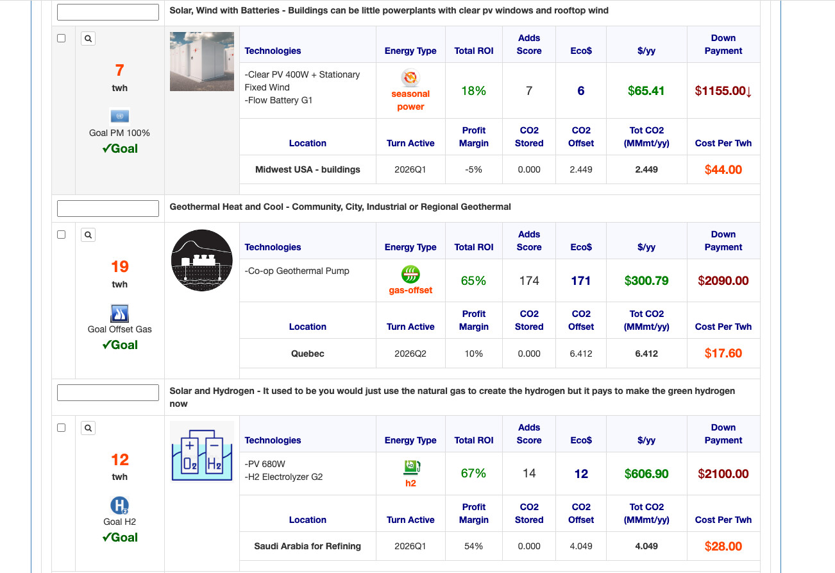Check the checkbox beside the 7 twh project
coord(62,38)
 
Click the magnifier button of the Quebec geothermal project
coord(89,235)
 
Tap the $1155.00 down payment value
coord(723,91)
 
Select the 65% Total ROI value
coord(473,280)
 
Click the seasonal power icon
coord(410,78)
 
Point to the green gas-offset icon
coord(410,275)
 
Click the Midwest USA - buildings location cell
coord(308,169)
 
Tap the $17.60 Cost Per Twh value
coord(723,354)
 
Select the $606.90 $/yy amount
coord(646,474)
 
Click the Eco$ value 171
coord(580,280)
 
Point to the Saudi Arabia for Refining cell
coord(308,546)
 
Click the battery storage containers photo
coord(202,62)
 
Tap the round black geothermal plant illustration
coord(202,260)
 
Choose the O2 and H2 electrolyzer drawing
coord(202,451)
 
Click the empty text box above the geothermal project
coord(108,209)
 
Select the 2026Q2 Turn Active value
coord(410,354)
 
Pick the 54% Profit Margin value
coord(473,546)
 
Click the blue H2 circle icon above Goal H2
coord(120,505)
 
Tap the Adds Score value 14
coord(529,474)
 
